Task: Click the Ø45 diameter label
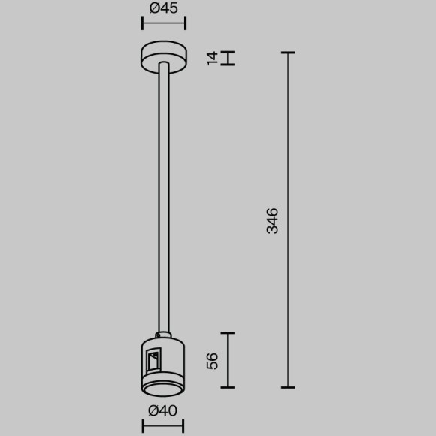pos(163,9)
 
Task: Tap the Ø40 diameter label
pos(163,410)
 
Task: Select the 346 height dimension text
pos(273,220)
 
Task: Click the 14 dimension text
pos(212,57)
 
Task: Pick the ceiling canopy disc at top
pos(163,57)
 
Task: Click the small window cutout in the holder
pos(153,362)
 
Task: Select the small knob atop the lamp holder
pos(163,335)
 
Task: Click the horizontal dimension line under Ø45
pos(163,25)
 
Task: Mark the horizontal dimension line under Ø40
pos(163,426)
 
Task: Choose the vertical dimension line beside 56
pos(228,360)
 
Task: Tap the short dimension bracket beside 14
pos(229,57)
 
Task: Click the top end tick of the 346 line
pos(287,53)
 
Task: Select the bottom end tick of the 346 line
pos(287,387)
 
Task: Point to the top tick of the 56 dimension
pos(228,332)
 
